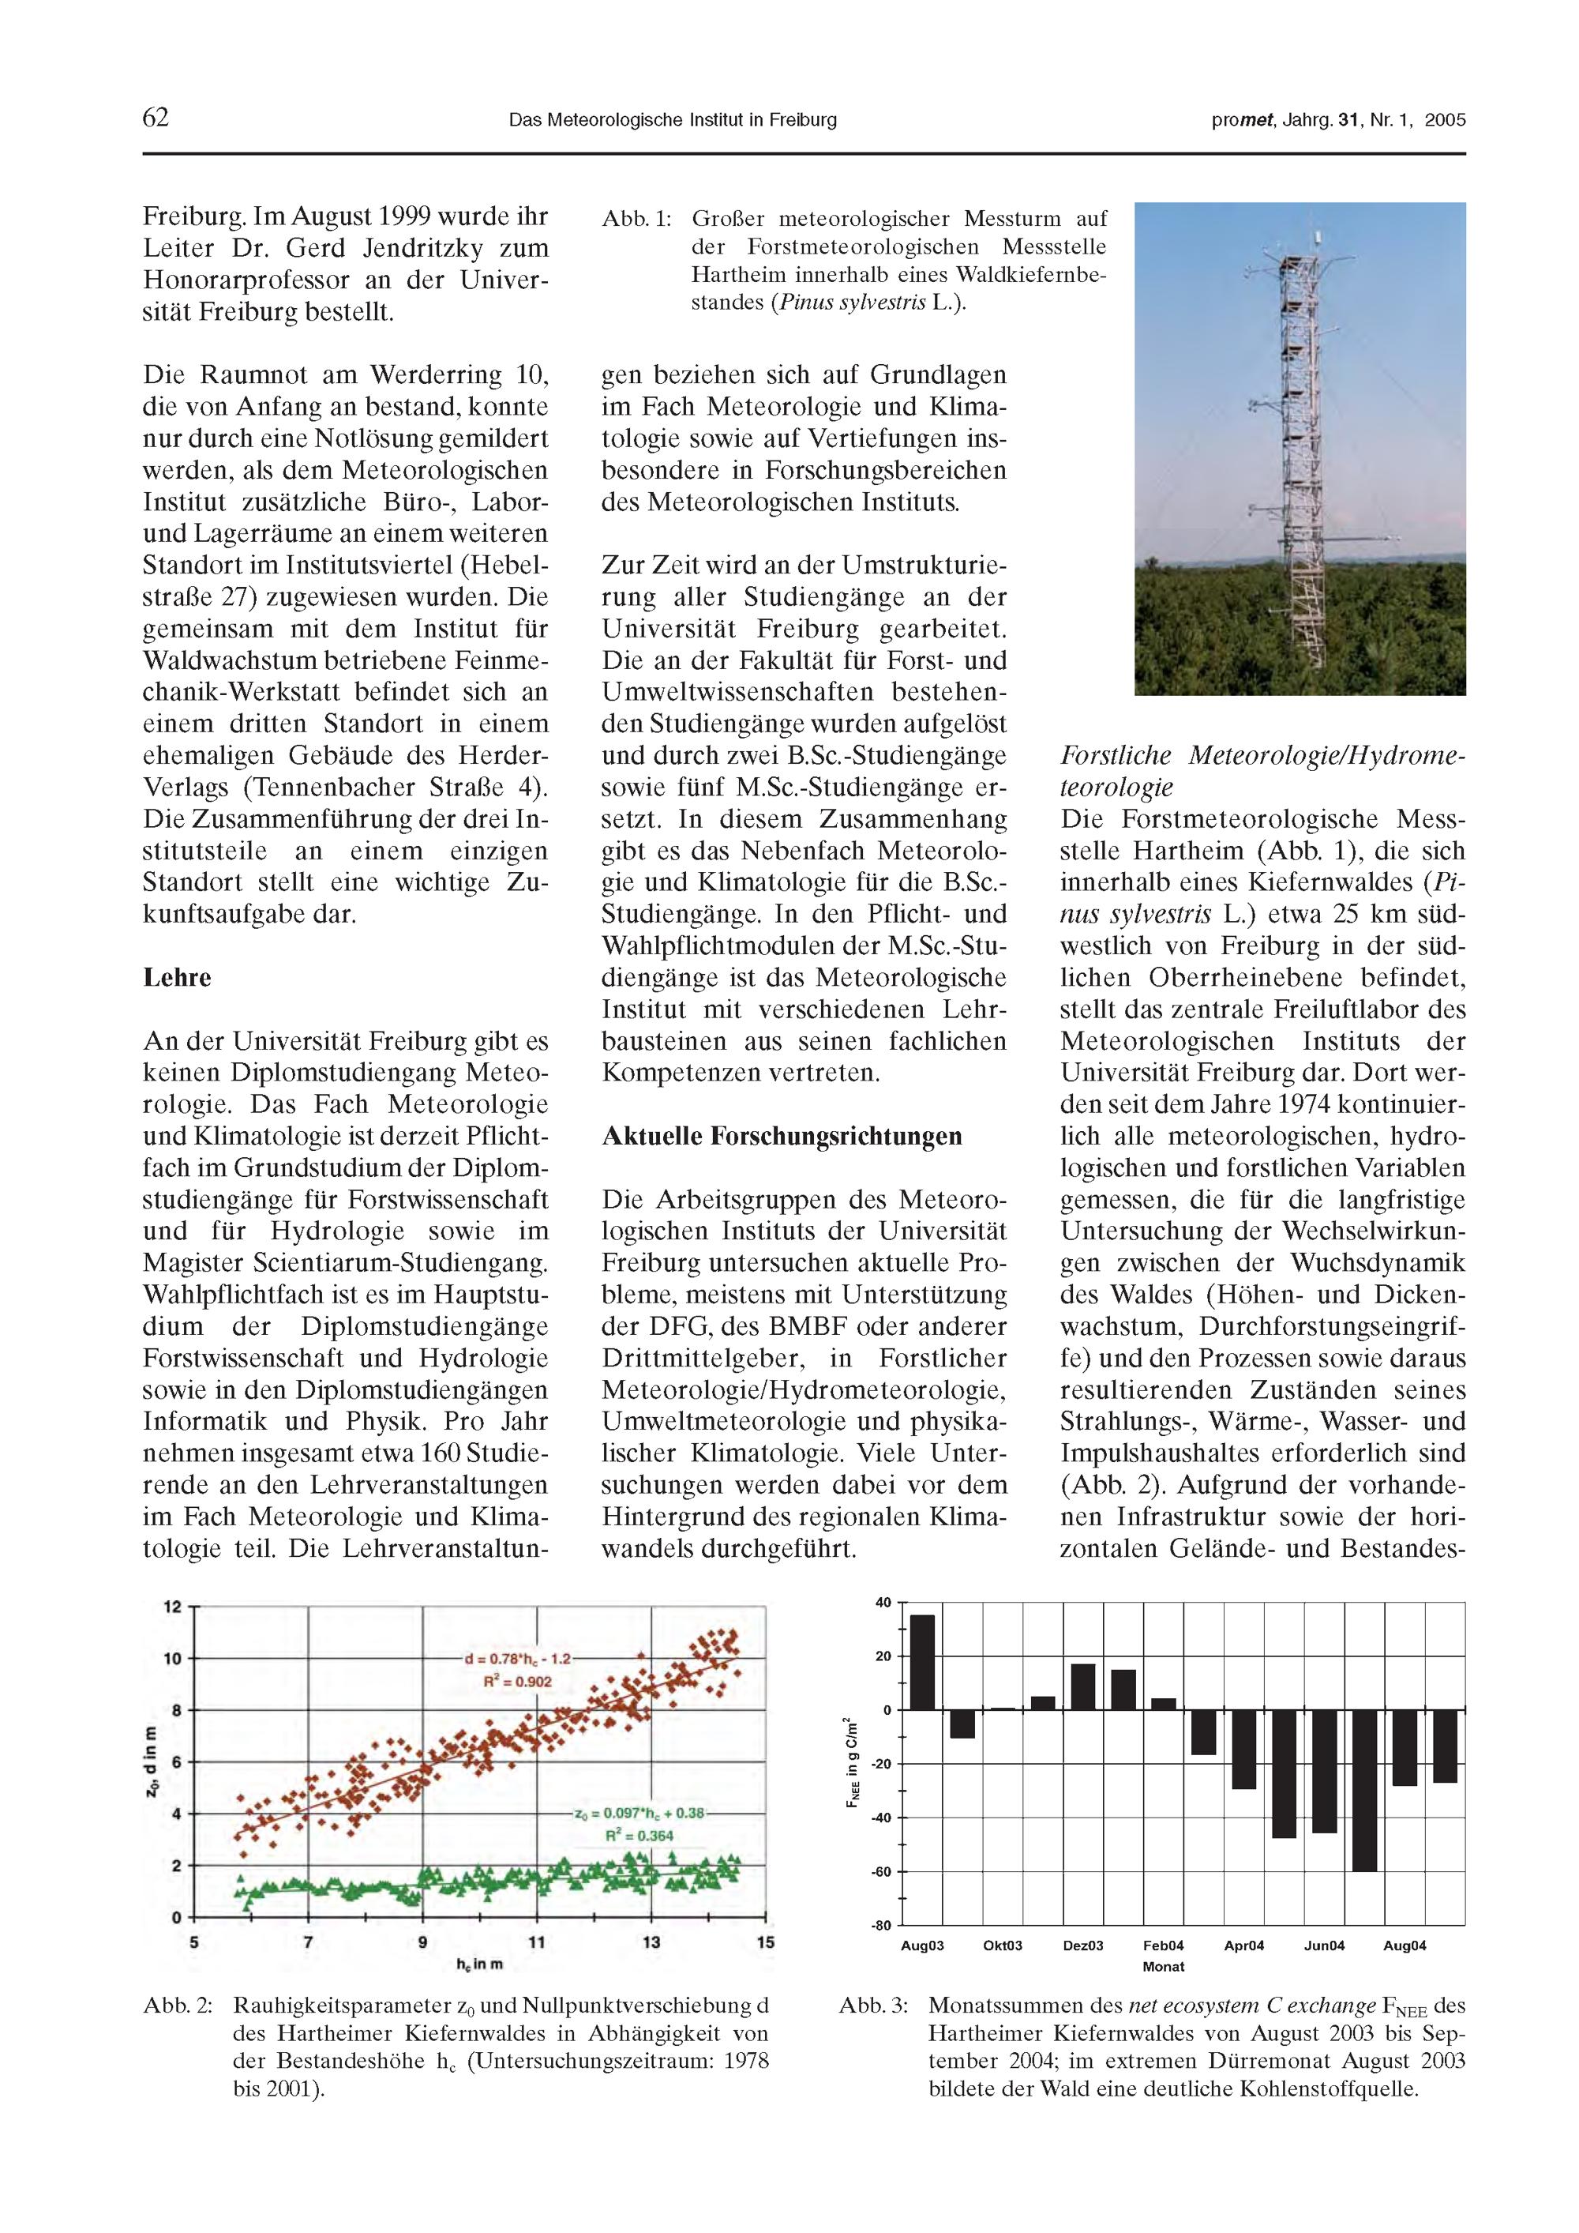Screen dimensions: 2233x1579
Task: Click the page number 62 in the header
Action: coord(156,118)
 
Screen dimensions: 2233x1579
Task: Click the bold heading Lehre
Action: coord(177,977)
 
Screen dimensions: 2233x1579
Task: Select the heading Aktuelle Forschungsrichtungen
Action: coord(782,1136)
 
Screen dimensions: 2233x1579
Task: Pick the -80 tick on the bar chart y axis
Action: coord(881,1926)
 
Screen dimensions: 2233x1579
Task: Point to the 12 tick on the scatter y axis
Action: coord(172,1607)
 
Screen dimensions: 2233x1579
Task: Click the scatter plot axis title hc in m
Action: coord(479,1964)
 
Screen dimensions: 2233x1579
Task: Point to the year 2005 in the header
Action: coord(1445,121)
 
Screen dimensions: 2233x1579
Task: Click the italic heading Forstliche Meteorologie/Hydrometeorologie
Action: coord(1261,771)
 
